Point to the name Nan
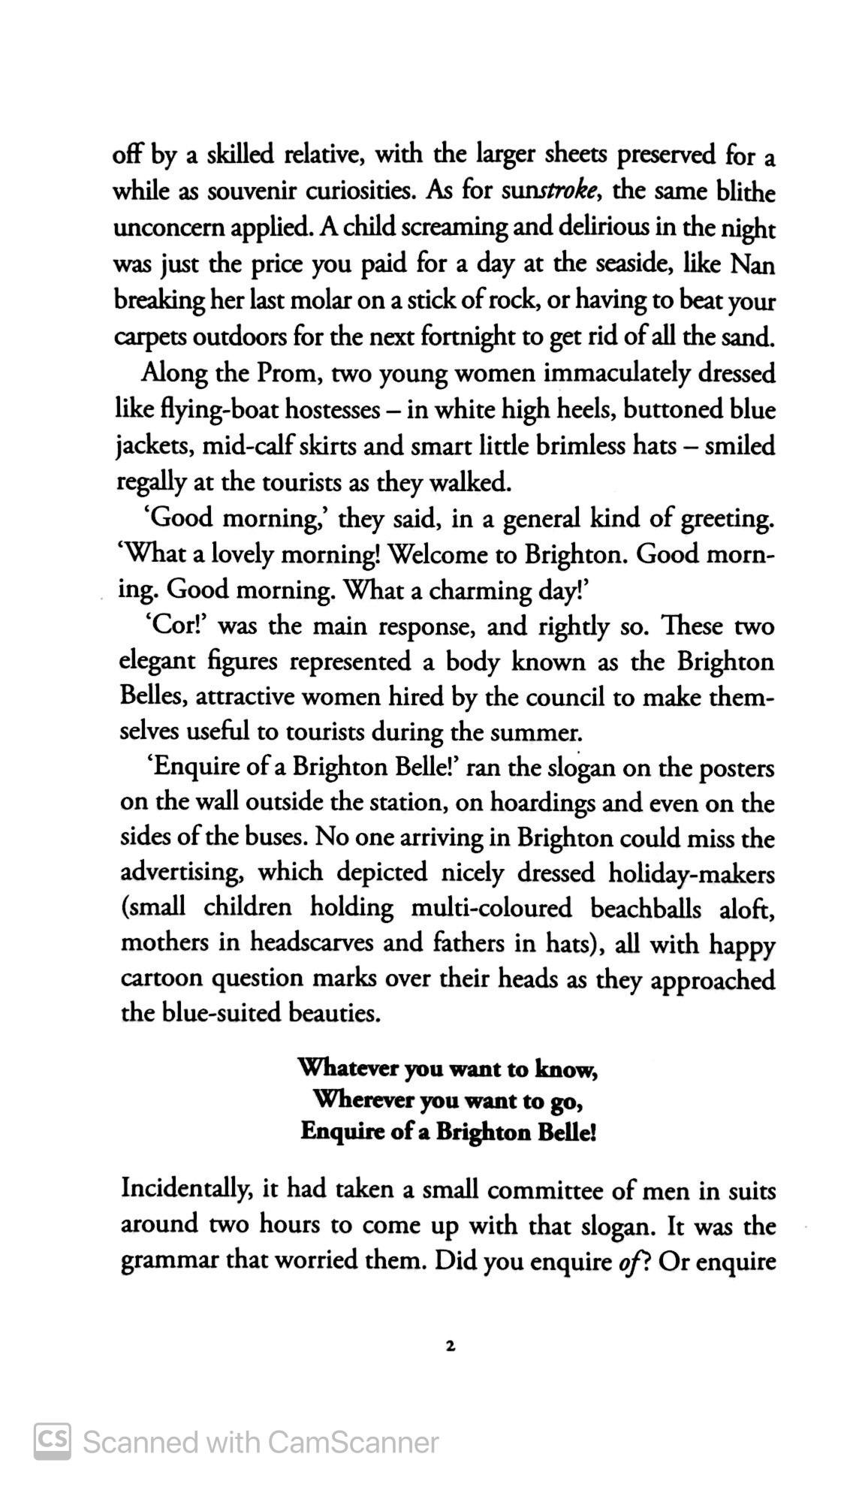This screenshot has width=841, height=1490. click(752, 264)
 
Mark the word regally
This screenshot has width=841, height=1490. click(151, 482)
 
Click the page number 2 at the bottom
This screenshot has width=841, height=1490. click(450, 1347)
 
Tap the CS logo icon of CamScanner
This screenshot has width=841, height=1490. click(53, 1441)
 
